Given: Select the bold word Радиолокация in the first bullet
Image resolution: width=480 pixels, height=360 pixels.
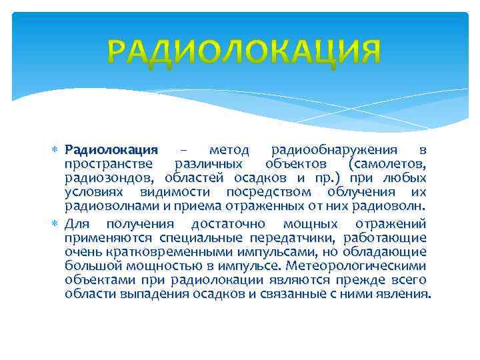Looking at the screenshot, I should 111,149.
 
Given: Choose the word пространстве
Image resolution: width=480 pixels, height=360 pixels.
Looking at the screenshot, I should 107,163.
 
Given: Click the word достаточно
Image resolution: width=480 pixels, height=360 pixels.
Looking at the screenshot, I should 228,223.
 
